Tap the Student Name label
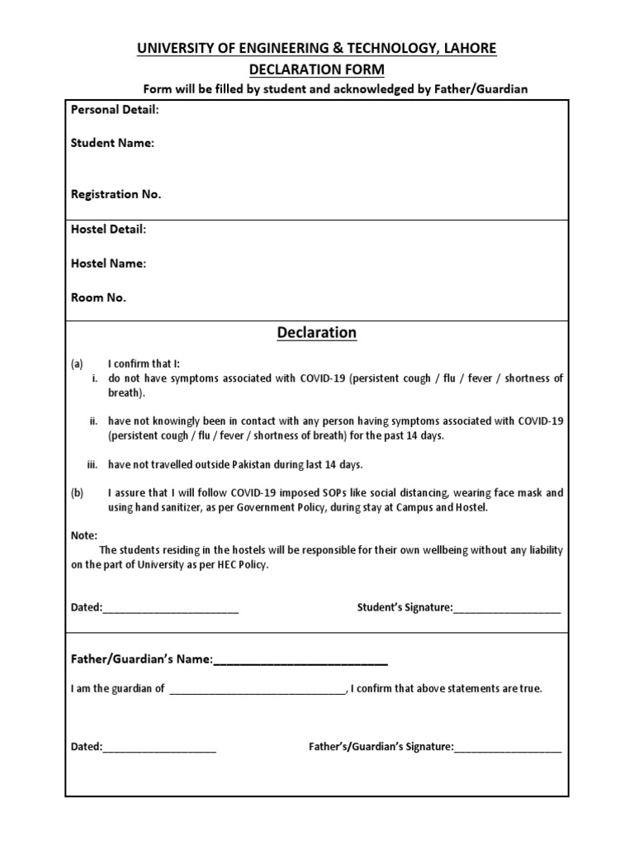click(x=112, y=143)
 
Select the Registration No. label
click(x=116, y=194)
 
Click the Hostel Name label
click(x=109, y=264)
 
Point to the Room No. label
click(x=99, y=298)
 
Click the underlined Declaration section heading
click(x=317, y=333)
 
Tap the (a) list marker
click(x=78, y=364)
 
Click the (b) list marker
click(x=78, y=492)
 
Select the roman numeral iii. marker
click(x=92, y=464)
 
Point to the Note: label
click(x=84, y=535)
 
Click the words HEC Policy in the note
click(x=240, y=565)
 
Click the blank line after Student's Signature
click(x=507, y=610)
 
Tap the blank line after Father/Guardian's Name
click(x=300, y=661)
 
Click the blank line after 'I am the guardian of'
click(x=257, y=691)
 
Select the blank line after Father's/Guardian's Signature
click(x=508, y=749)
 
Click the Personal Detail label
click(x=115, y=110)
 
